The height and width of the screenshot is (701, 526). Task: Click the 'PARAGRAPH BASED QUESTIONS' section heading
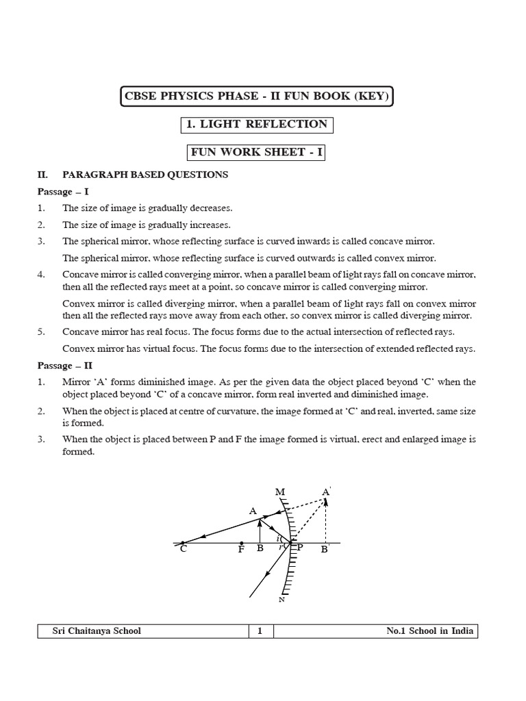[145, 175]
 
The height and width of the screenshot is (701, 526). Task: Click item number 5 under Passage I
[41, 331]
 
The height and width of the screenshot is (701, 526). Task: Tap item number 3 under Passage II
[41, 439]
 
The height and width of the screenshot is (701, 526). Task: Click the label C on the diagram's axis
[183, 549]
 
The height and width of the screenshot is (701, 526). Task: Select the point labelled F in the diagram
[241, 549]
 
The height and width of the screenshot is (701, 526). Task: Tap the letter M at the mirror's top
[279, 492]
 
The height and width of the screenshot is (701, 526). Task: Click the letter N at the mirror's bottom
[281, 600]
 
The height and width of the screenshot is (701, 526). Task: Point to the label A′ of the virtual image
[326, 492]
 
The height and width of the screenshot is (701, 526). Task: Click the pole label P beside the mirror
[299, 548]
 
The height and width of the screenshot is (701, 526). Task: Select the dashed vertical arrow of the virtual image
[326, 520]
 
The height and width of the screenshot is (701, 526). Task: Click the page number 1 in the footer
[260, 631]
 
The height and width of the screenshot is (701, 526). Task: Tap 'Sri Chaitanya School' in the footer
[97, 631]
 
